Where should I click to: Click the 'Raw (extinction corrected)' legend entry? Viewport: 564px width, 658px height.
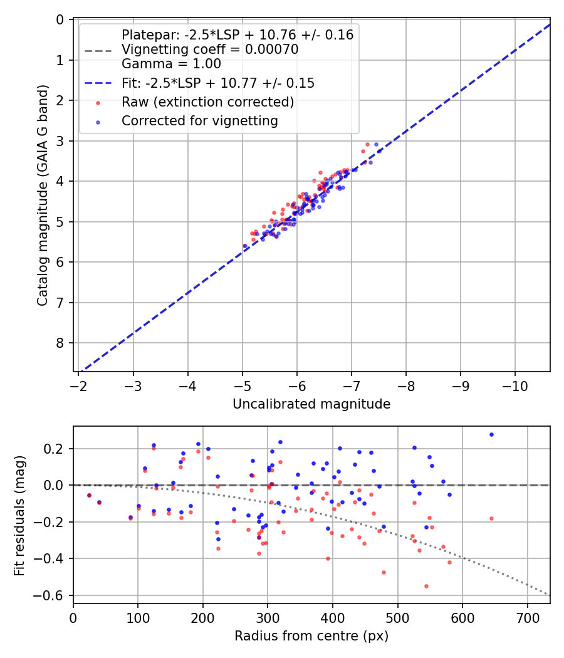[207, 102]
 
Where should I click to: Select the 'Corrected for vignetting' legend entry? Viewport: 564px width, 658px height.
[199, 121]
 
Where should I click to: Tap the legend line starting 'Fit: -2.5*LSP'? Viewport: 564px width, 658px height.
[217, 83]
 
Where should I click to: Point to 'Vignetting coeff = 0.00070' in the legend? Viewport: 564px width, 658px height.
[209, 50]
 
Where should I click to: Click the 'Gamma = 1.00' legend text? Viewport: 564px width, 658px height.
[171, 63]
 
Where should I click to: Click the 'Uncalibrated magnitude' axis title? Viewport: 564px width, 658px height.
[311, 404]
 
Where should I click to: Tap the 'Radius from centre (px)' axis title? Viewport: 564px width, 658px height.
[311, 636]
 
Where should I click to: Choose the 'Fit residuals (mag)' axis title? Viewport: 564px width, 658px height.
[19, 514]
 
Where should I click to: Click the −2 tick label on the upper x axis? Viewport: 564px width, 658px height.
[79, 384]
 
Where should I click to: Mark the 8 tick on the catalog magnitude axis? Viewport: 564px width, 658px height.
[60, 343]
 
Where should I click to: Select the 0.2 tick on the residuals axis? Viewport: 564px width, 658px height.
[58, 449]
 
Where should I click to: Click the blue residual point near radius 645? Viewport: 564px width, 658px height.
[491, 434]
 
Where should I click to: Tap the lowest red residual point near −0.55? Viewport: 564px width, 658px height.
[426, 586]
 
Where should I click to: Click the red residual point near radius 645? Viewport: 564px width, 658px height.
[491, 518]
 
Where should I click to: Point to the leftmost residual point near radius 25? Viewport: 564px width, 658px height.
[89, 495]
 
